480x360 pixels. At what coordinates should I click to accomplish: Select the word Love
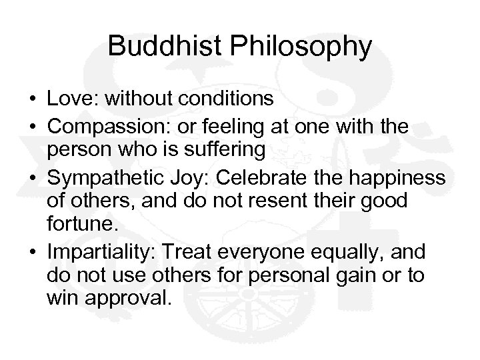pyautogui.click(x=69, y=99)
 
